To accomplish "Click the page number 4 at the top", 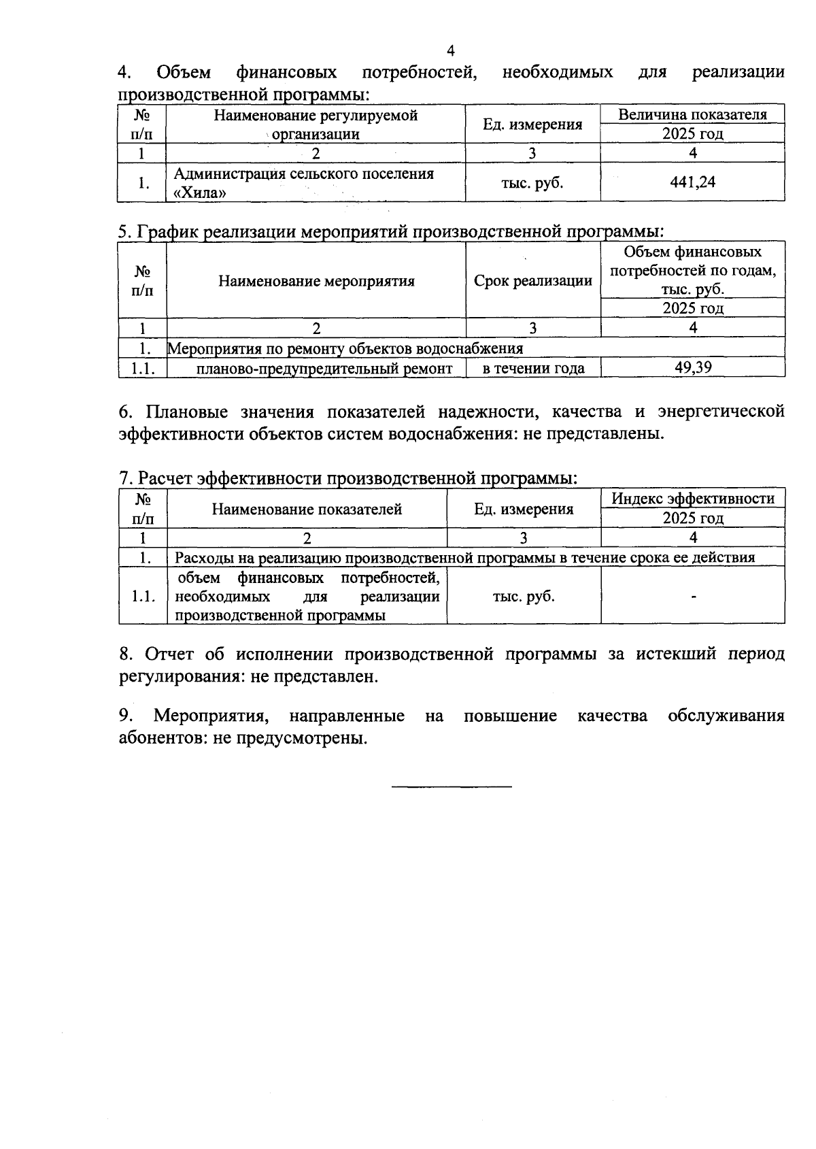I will pyautogui.click(x=450, y=50).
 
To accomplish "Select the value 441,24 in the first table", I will pyautogui.click(x=692, y=182).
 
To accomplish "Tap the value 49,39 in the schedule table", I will pyautogui.click(x=692, y=368).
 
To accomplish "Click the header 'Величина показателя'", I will pyautogui.click(x=692, y=114).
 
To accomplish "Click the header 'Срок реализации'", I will pyautogui.click(x=532, y=281).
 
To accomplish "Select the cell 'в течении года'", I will pyautogui.click(x=533, y=369).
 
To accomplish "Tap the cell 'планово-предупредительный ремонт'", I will pyautogui.click(x=324, y=369).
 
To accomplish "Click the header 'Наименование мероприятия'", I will pyautogui.click(x=316, y=281).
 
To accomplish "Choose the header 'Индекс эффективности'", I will pyautogui.click(x=692, y=499).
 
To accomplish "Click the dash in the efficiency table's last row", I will pyautogui.click(x=693, y=597).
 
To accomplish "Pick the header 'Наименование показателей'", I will pyautogui.click(x=307, y=509).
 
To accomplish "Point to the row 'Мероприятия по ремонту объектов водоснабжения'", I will pyautogui.click(x=345, y=349).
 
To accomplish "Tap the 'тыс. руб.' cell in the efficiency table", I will pyautogui.click(x=523, y=597).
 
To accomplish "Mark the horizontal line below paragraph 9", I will pyautogui.click(x=452, y=787).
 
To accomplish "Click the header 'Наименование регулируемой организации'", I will pyautogui.click(x=316, y=124).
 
